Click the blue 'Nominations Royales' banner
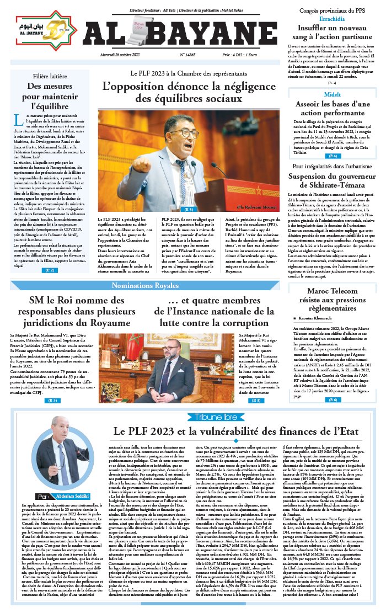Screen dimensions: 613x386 (145, 285)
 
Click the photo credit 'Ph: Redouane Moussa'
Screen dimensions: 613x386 (257, 207)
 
